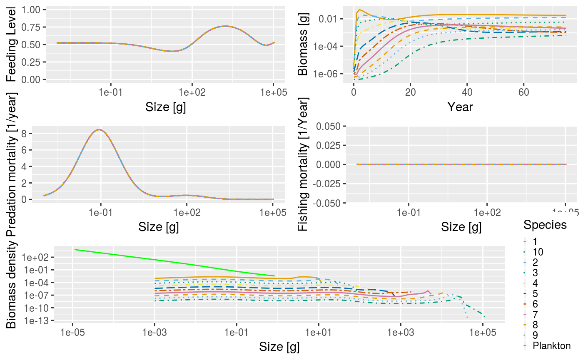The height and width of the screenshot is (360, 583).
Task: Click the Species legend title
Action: pos(545,225)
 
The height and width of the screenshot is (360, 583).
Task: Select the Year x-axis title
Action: pos(460,107)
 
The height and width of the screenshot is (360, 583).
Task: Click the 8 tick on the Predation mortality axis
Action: pos(36,134)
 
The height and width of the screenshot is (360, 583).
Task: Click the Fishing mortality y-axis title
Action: pos(304,164)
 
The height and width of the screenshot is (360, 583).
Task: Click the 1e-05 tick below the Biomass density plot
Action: pos(72,333)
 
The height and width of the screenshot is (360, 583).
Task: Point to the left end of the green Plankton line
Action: pos(75,250)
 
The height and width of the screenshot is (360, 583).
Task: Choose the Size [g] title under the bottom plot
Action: pos(279,347)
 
